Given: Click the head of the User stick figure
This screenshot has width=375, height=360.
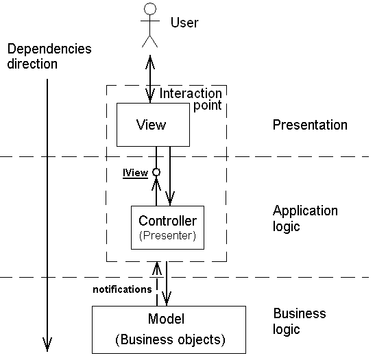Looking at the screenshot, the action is pyautogui.click(x=150, y=9).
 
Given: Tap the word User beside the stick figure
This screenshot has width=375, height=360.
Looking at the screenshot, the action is pyautogui.click(x=184, y=23).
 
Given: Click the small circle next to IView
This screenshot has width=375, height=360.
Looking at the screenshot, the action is pyautogui.click(x=156, y=172).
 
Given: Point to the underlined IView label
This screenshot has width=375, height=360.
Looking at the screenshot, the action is pyautogui.click(x=135, y=173).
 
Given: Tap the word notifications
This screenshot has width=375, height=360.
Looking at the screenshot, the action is pyautogui.click(x=122, y=289).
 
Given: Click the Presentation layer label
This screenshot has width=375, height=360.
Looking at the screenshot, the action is pyautogui.click(x=310, y=125).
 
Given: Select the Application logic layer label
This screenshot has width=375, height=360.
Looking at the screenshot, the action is pyautogui.click(x=305, y=218).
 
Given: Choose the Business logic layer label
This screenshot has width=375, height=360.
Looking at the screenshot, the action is pyautogui.click(x=300, y=321).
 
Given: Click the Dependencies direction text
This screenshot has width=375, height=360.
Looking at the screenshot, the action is pyautogui.click(x=49, y=56).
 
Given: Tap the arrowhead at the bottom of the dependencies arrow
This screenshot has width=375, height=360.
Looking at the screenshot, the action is pyautogui.click(x=47, y=344).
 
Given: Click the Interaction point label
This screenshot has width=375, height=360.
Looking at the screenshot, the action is pyautogui.click(x=191, y=99).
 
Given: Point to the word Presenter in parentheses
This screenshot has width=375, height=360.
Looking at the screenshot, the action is pyautogui.click(x=167, y=235).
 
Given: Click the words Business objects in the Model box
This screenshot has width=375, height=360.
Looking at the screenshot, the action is pyautogui.click(x=170, y=339).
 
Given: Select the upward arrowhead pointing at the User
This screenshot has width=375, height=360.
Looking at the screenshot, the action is pyautogui.click(x=150, y=62).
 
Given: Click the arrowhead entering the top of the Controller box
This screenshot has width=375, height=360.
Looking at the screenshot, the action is pyautogui.click(x=170, y=198).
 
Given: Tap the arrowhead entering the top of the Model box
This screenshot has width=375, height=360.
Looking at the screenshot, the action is pyautogui.click(x=167, y=298).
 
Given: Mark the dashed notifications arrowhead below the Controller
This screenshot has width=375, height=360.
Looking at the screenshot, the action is pyautogui.click(x=157, y=268).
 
